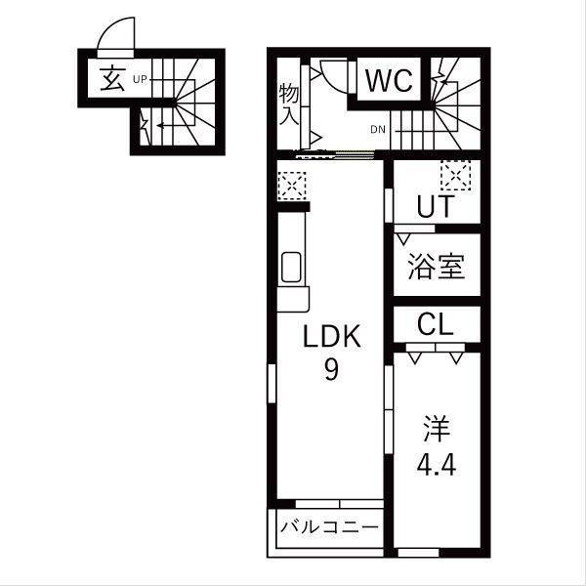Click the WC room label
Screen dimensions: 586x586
391,80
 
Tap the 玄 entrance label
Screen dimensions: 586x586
111,79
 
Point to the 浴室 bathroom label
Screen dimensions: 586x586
435,267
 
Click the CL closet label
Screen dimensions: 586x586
435,324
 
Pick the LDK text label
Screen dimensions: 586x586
331,339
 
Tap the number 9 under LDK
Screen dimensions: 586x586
331,372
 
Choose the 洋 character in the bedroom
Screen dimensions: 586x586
435,427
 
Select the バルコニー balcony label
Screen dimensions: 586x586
329,527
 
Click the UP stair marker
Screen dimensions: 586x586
140,79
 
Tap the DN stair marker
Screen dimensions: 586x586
379,128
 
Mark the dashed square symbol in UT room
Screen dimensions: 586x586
455,176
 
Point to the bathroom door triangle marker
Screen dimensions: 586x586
401,237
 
